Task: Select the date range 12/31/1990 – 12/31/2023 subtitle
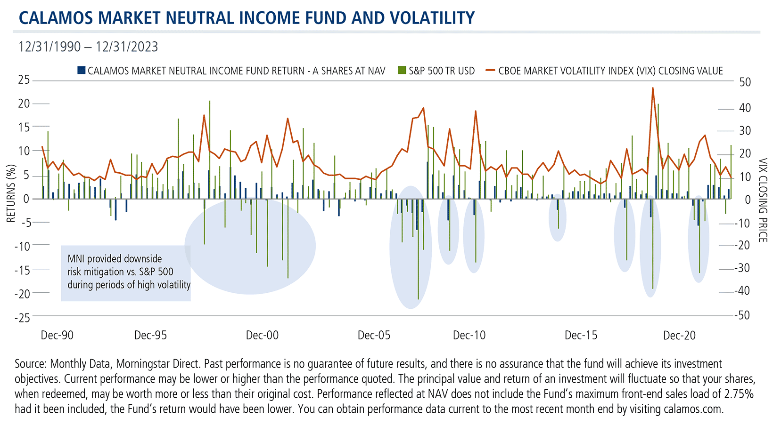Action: [88, 47]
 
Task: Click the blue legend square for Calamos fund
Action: [82, 71]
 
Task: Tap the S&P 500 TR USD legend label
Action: [441, 71]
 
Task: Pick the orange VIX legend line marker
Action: [490, 71]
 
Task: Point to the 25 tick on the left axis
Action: [24, 80]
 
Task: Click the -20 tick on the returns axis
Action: [22, 294]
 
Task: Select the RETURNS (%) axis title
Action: [10, 193]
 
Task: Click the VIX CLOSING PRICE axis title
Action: [762, 200]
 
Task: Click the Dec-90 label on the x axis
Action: [57, 335]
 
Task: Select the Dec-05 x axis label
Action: [374, 335]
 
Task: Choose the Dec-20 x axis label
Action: [679, 335]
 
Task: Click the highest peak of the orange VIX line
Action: [653, 88]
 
